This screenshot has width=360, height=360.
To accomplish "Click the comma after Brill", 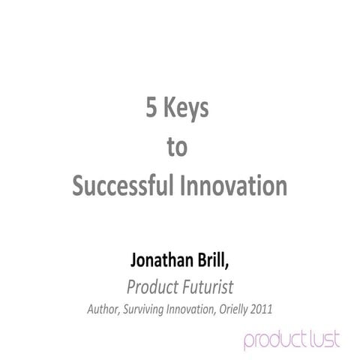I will pos(238,268).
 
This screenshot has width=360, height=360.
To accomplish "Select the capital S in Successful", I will pos(78,184).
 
